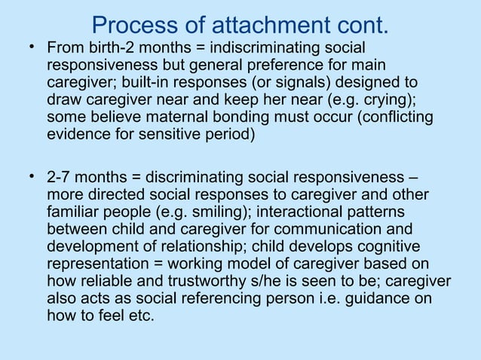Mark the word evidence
click(x=78, y=136)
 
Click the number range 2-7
click(x=60, y=178)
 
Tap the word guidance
click(x=382, y=300)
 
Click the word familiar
click(x=72, y=213)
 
